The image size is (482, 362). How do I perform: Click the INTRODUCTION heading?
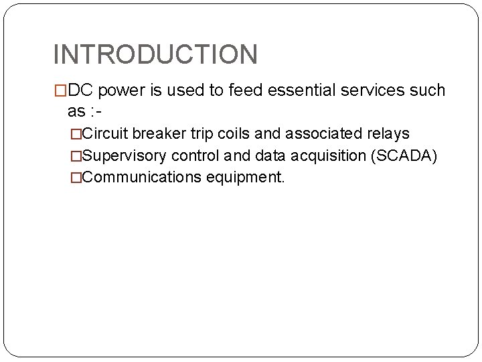coord(155,54)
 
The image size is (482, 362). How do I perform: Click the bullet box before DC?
coord(60,91)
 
